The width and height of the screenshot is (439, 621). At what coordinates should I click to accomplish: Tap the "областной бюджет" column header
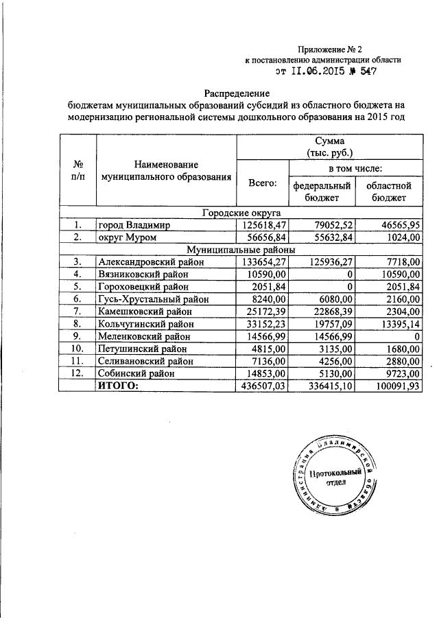[x=388, y=191]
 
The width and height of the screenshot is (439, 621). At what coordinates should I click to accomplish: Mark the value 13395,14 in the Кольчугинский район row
[x=399, y=323]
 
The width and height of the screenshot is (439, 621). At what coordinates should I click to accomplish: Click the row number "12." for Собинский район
[x=78, y=373]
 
